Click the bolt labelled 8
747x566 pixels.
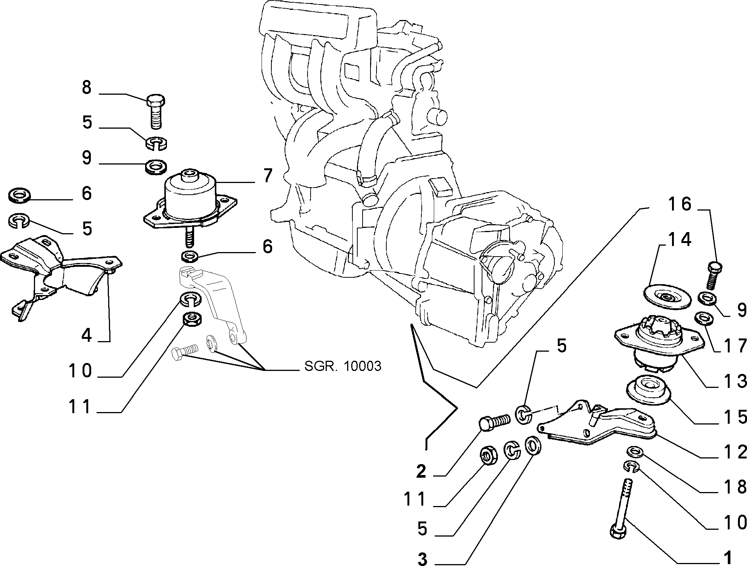[155, 111]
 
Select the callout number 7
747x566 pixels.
[267, 176]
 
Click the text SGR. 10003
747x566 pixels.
[343, 366]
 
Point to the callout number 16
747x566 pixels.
[680, 204]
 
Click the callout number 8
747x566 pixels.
[87, 88]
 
